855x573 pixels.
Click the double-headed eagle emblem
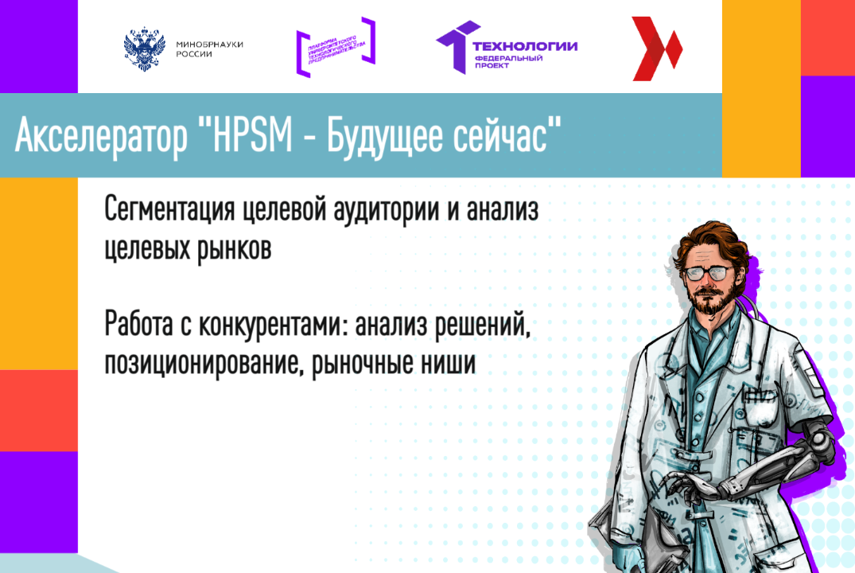point(144,49)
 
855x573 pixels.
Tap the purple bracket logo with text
point(335,48)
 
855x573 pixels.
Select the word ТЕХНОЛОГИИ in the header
point(525,46)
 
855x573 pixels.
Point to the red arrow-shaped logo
point(655,49)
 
